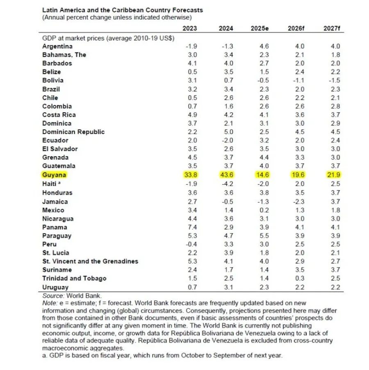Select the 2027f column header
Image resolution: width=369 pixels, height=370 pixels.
(332, 28)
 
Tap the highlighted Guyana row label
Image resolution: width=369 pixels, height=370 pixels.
(54, 175)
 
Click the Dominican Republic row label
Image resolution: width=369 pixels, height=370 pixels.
(73, 132)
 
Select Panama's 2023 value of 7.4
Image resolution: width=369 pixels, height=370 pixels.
(192, 227)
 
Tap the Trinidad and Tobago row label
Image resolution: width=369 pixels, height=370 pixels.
(74, 278)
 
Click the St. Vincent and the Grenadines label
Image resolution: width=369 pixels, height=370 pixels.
(90, 261)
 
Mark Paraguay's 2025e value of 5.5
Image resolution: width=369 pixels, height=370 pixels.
(264, 236)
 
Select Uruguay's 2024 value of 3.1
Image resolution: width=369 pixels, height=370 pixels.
(228, 287)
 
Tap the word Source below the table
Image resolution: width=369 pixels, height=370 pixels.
(53, 295)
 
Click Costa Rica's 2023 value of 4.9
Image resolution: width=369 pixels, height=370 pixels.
(192, 115)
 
